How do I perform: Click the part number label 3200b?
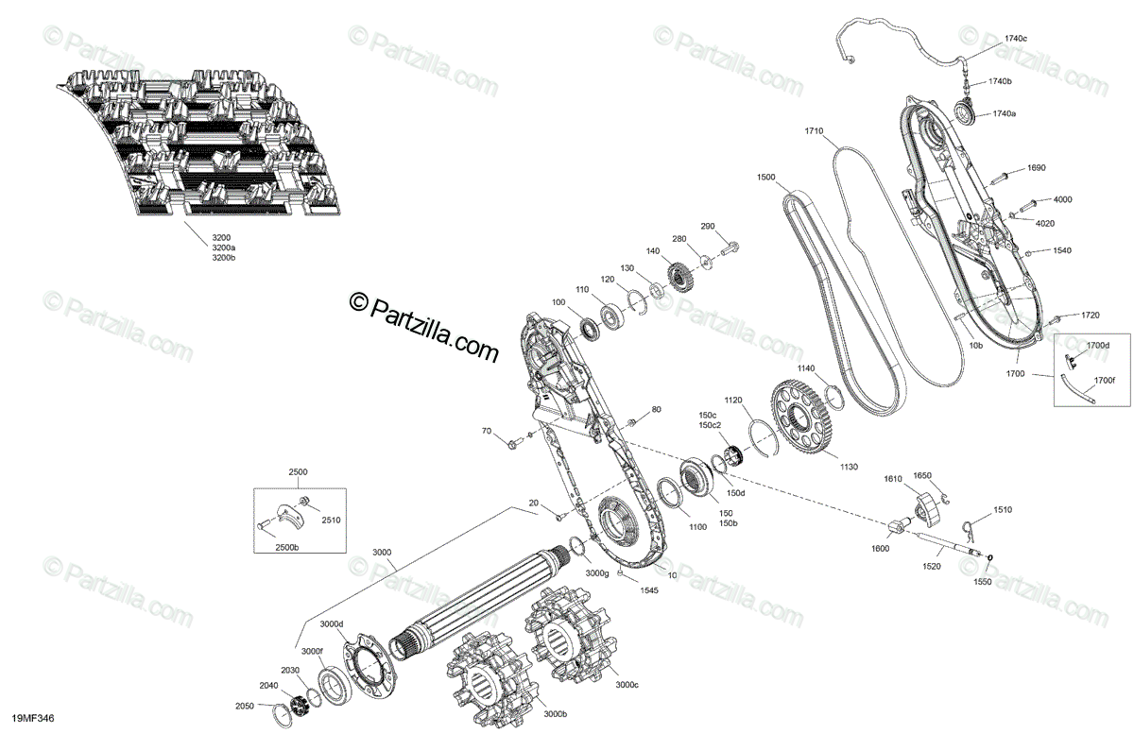coord(223,257)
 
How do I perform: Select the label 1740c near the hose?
coord(1016,38)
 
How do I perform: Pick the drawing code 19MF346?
coord(33,719)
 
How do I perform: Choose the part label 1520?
coord(932,566)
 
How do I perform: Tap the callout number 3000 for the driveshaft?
coord(382,553)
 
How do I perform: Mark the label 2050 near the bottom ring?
coord(245,706)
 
